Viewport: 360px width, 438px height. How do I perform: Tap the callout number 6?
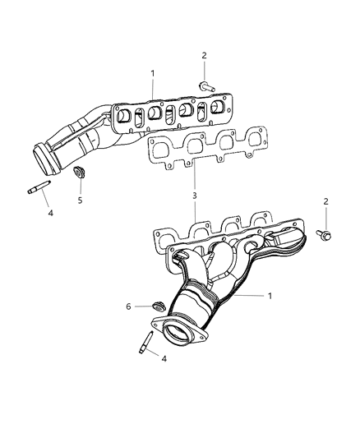tap(127, 306)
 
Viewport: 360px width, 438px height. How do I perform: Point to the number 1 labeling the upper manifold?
tap(153, 74)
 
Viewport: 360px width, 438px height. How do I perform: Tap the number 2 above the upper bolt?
tap(204, 56)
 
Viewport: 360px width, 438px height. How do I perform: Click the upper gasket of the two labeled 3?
tap(205, 148)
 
